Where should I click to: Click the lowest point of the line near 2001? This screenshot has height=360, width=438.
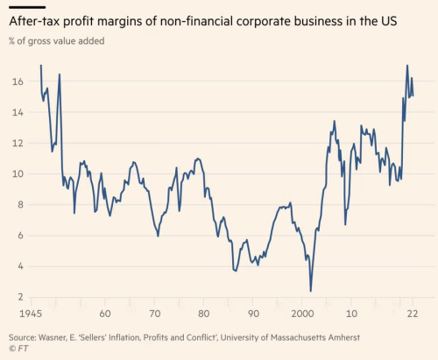pos(311,291)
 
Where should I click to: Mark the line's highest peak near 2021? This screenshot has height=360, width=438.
pos(407,66)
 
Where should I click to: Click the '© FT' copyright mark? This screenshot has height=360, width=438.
pos(20,349)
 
